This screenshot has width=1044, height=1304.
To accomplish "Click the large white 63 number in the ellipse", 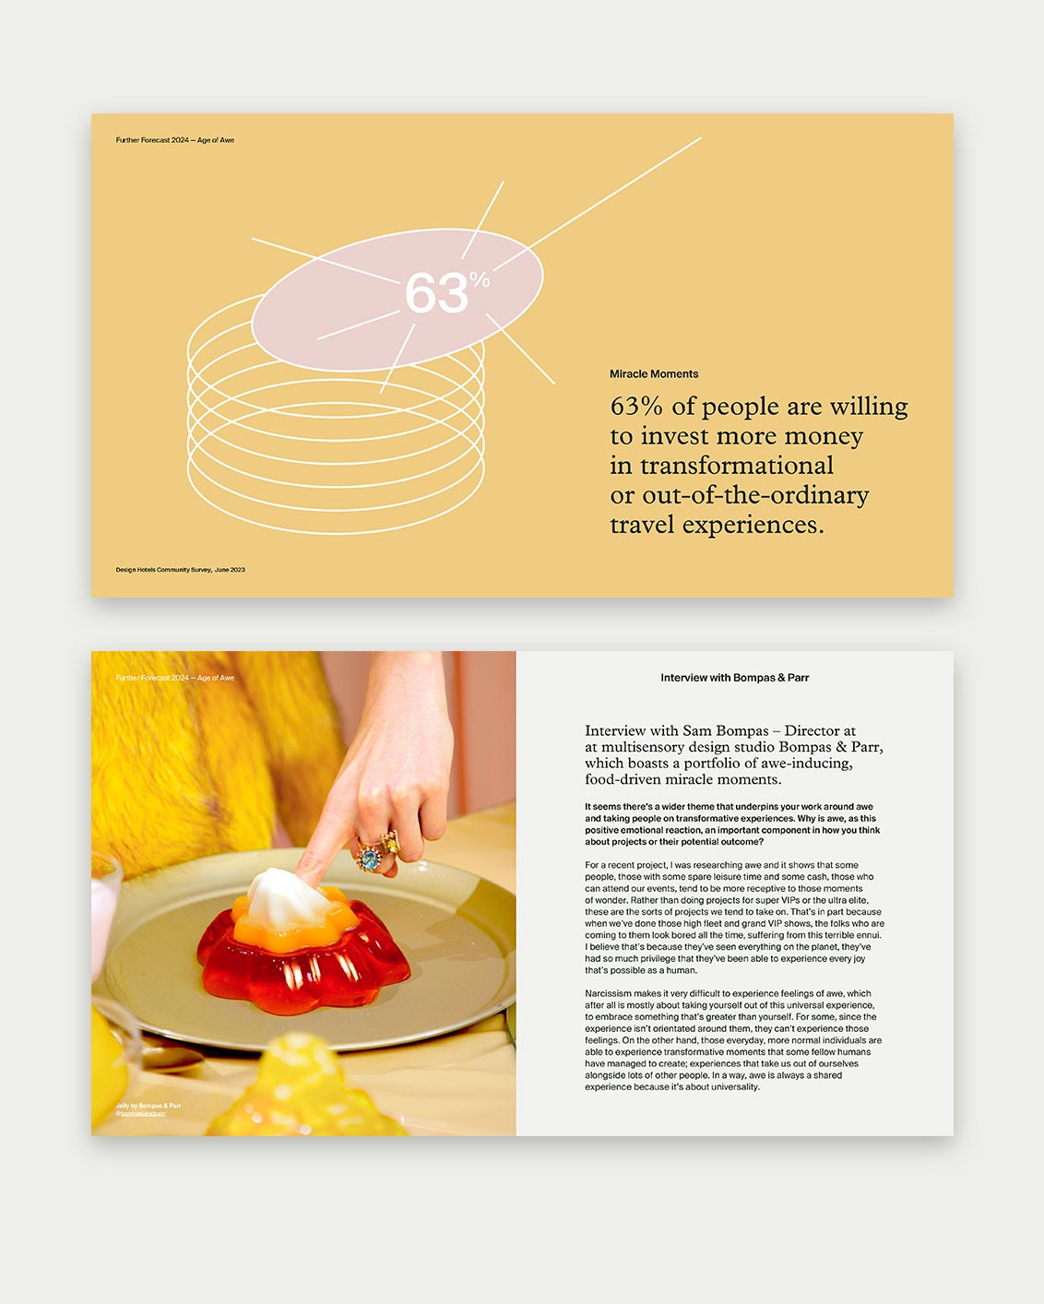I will tap(436, 293).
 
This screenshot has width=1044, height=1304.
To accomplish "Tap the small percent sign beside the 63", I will tap(480, 279).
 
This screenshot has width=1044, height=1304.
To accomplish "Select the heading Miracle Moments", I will tap(653, 373).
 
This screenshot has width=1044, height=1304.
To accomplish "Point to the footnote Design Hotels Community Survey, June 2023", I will tap(180, 570).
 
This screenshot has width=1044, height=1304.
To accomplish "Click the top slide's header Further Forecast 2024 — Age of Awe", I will tap(174, 140).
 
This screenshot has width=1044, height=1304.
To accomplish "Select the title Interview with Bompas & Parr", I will tap(734, 678).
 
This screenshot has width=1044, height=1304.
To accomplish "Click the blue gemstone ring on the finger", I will tap(370, 859).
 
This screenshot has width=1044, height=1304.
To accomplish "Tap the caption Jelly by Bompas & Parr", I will tap(148, 1106).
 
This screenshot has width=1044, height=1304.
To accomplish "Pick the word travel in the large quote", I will tap(644, 525).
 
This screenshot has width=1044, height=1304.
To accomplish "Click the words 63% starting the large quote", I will tap(636, 407).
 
